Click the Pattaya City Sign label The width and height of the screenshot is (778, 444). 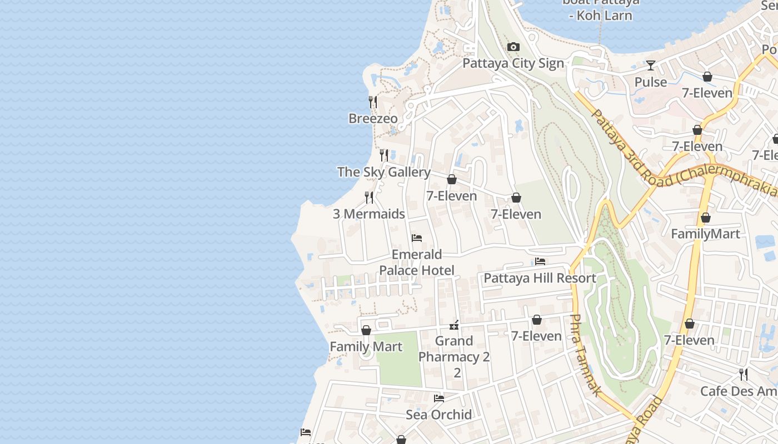(x=513, y=63)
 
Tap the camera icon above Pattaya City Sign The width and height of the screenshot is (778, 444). (x=513, y=47)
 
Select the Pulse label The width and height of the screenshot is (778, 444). (x=650, y=82)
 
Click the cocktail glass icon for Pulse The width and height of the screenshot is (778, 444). (x=650, y=65)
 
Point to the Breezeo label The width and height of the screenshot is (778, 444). (x=373, y=118)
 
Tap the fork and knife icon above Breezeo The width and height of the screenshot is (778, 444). (x=373, y=102)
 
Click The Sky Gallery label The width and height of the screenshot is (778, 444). (x=383, y=172)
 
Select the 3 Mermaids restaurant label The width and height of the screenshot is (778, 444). (x=368, y=214)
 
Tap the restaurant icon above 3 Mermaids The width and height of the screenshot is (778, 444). (x=368, y=197)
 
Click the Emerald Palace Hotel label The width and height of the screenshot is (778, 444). (x=417, y=263)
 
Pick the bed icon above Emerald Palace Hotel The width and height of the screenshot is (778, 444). (x=417, y=238)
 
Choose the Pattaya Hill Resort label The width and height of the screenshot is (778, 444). (x=540, y=278)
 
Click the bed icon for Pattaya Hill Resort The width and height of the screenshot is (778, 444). (x=540, y=261)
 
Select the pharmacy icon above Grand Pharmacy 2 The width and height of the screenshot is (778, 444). (x=454, y=325)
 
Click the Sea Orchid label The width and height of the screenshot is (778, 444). (x=438, y=415)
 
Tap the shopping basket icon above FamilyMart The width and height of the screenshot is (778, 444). (x=705, y=218)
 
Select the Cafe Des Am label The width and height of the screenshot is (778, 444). (x=738, y=391)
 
